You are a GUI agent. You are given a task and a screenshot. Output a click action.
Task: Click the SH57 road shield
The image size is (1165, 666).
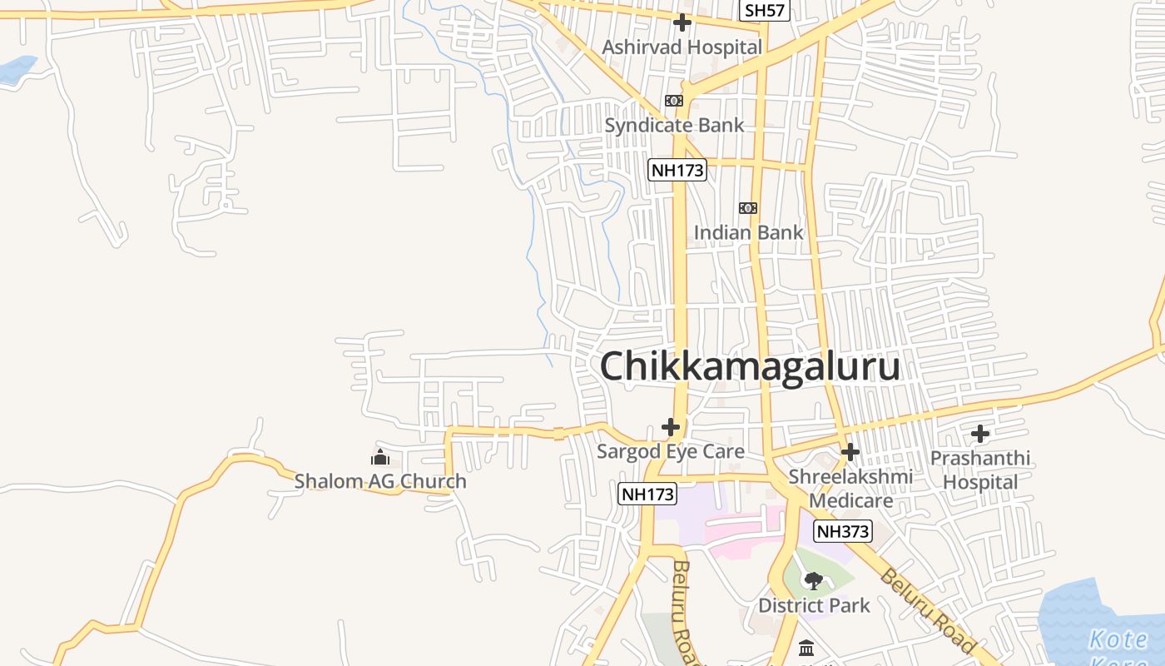(765, 10)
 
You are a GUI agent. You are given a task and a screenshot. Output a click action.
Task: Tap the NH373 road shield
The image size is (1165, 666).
(842, 531)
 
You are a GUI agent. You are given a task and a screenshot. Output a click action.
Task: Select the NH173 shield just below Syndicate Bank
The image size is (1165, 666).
(677, 170)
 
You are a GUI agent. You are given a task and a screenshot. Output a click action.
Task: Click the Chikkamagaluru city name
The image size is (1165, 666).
(750, 366)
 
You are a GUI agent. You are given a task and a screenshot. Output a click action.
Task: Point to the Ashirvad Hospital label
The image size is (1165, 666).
(682, 47)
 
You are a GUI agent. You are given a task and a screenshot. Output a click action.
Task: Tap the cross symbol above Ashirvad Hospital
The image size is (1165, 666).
(682, 22)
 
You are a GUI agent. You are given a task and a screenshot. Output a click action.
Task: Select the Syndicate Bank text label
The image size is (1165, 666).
(674, 126)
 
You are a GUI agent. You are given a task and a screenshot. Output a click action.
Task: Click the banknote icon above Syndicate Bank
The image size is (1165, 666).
(673, 101)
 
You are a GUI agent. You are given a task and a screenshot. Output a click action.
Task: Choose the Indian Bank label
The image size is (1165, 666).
(748, 232)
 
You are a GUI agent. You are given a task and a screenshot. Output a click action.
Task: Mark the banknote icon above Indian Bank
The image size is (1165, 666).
(747, 207)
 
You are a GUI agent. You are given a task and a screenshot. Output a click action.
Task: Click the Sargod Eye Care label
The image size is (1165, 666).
(670, 452)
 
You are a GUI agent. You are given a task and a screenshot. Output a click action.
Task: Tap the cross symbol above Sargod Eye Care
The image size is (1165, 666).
(671, 427)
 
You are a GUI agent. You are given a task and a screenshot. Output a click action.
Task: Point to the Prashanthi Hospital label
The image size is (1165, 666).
(979, 470)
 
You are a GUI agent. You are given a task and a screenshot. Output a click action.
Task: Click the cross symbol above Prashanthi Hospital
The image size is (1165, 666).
(980, 434)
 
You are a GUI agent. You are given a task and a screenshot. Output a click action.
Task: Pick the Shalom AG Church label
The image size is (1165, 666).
(380, 481)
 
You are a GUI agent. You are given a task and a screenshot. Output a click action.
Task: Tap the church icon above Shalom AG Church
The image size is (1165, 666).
(380, 457)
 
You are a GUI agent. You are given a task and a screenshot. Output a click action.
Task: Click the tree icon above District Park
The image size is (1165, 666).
(813, 580)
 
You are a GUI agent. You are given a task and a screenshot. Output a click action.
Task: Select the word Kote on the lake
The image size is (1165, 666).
(1118, 640)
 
